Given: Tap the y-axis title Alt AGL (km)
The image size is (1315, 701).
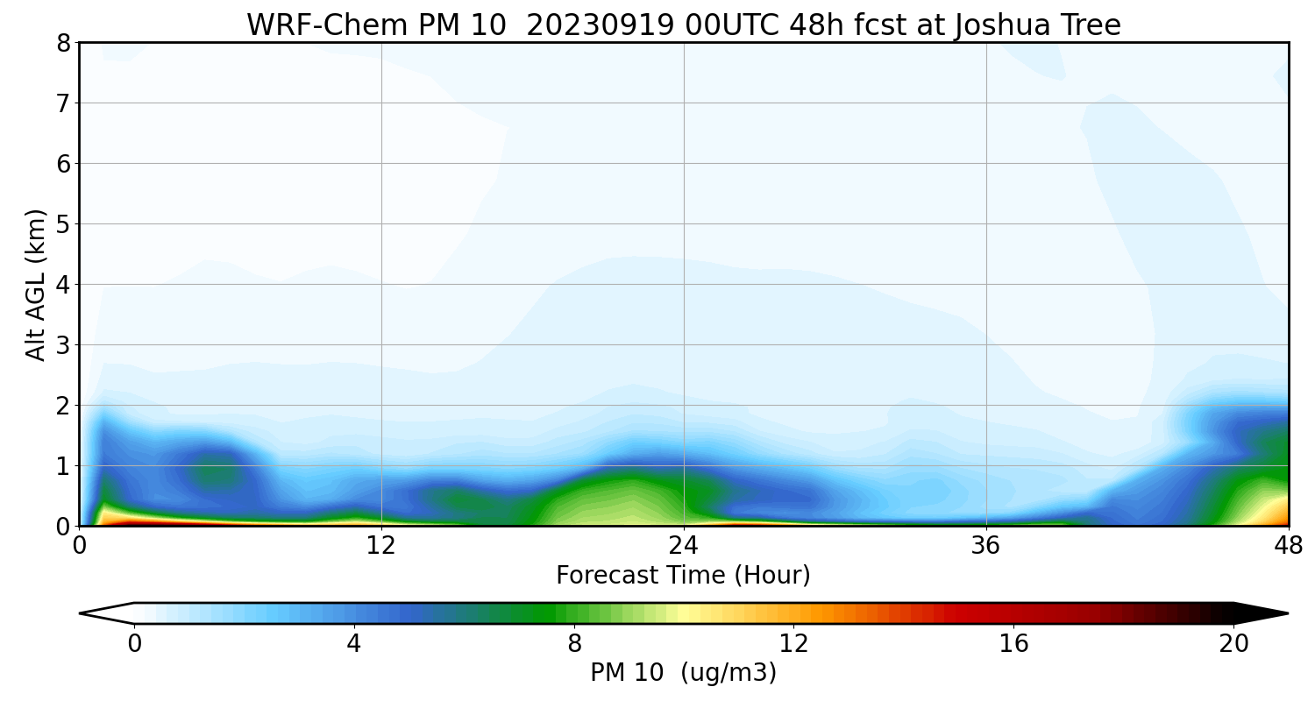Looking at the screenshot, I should click(x=36, y=284).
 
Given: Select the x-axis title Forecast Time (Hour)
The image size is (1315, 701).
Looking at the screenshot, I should click(x=683, y=576).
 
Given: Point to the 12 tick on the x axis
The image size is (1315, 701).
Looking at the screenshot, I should click(x=381, y=544).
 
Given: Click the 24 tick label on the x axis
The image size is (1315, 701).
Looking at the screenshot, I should click(x=684, y=544).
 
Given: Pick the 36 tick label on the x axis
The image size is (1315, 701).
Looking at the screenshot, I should click(x=986, y=544).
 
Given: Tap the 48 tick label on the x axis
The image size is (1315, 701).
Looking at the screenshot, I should click(x=1288, y=544).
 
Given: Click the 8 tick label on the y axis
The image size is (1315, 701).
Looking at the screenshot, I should click(x=62, y=43).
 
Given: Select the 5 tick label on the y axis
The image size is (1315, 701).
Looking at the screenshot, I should click(x=62, y=224).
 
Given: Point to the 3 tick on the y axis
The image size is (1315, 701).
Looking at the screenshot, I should click(x=62, y=345).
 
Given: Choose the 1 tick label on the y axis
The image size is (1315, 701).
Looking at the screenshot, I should click(x=62, y=466).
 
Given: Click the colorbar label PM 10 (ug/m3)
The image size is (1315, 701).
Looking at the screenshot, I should click(x=683, y=673).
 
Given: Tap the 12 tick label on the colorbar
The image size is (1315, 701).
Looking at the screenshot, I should click(x=793, y=644).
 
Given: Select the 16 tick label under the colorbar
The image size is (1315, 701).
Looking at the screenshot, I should click(x=1013, y=644).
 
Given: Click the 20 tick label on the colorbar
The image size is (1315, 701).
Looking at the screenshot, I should click(x=1233, y=644).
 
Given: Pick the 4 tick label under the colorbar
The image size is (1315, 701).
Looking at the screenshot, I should click(x=353, y=644).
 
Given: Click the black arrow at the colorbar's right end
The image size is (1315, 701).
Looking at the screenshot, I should click(x=1262, y=613).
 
